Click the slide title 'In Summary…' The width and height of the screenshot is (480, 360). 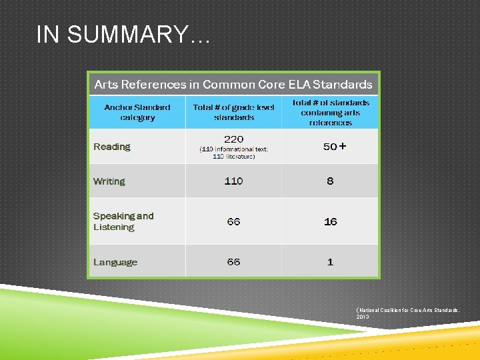tap(123, 35)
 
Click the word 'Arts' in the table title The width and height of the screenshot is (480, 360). tap(107, 85)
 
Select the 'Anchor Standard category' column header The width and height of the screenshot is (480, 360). tap(137, 112)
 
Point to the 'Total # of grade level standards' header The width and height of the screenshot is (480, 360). tap(233, 112)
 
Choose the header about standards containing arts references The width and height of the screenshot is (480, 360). tap(330, 112)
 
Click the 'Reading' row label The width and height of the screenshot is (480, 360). tap(112, 147)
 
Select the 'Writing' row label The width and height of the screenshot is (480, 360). tap(109, 181)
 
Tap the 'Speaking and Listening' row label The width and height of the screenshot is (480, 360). tap(123, 221)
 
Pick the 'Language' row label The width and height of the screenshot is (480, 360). tap(115, 262)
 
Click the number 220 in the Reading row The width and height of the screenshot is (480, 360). tap(233, 139)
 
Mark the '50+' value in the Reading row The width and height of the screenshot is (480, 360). tap(334, 147)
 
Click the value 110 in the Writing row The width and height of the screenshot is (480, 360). tap(233, 181)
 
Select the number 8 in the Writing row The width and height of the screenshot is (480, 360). tap(330, 181)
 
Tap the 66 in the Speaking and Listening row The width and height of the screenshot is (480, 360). tap(233, 221)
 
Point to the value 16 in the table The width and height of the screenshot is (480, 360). tap(330, 221)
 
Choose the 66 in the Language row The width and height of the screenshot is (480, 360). tap(233, 262)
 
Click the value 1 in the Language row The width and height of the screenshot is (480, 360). tap(330, 262)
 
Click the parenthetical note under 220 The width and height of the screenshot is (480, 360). tap(233, 153)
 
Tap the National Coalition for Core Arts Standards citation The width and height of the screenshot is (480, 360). tap(407, 313)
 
